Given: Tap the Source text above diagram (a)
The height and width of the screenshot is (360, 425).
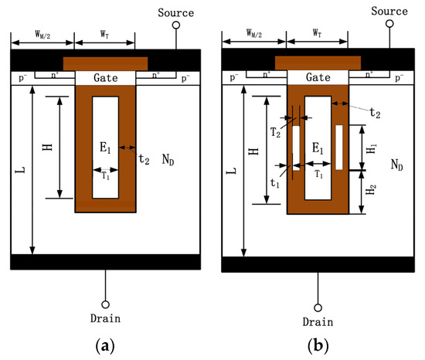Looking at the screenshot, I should [176, 12].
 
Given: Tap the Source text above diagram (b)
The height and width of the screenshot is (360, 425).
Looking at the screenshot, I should [389, 12].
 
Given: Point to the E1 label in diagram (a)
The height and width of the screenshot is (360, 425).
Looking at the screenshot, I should [105, 151].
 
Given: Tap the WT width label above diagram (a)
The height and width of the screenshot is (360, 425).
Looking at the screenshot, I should [104, 34].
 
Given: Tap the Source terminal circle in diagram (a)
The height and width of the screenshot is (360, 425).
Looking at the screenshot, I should [176, 25].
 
